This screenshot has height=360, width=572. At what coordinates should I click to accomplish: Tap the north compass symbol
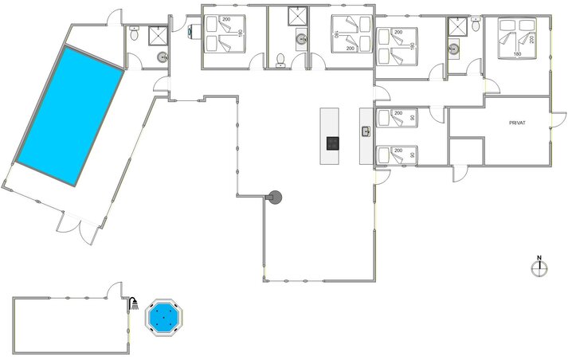[539, 268]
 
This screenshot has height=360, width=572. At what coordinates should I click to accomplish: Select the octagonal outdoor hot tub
[165, 317]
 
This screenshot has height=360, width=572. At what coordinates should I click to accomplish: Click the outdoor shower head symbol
[135, 303]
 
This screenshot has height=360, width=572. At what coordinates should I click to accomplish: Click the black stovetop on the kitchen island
[332, 143]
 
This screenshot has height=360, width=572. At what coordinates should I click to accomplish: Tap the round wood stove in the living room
[276, 196]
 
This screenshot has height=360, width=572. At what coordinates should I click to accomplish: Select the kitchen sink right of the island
[366, 131]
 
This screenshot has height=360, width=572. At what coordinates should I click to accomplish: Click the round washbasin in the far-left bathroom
[163, 57]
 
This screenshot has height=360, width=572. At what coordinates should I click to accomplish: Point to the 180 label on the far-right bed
[517, 54]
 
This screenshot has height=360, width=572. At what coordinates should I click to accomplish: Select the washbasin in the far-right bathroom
[454, 49]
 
